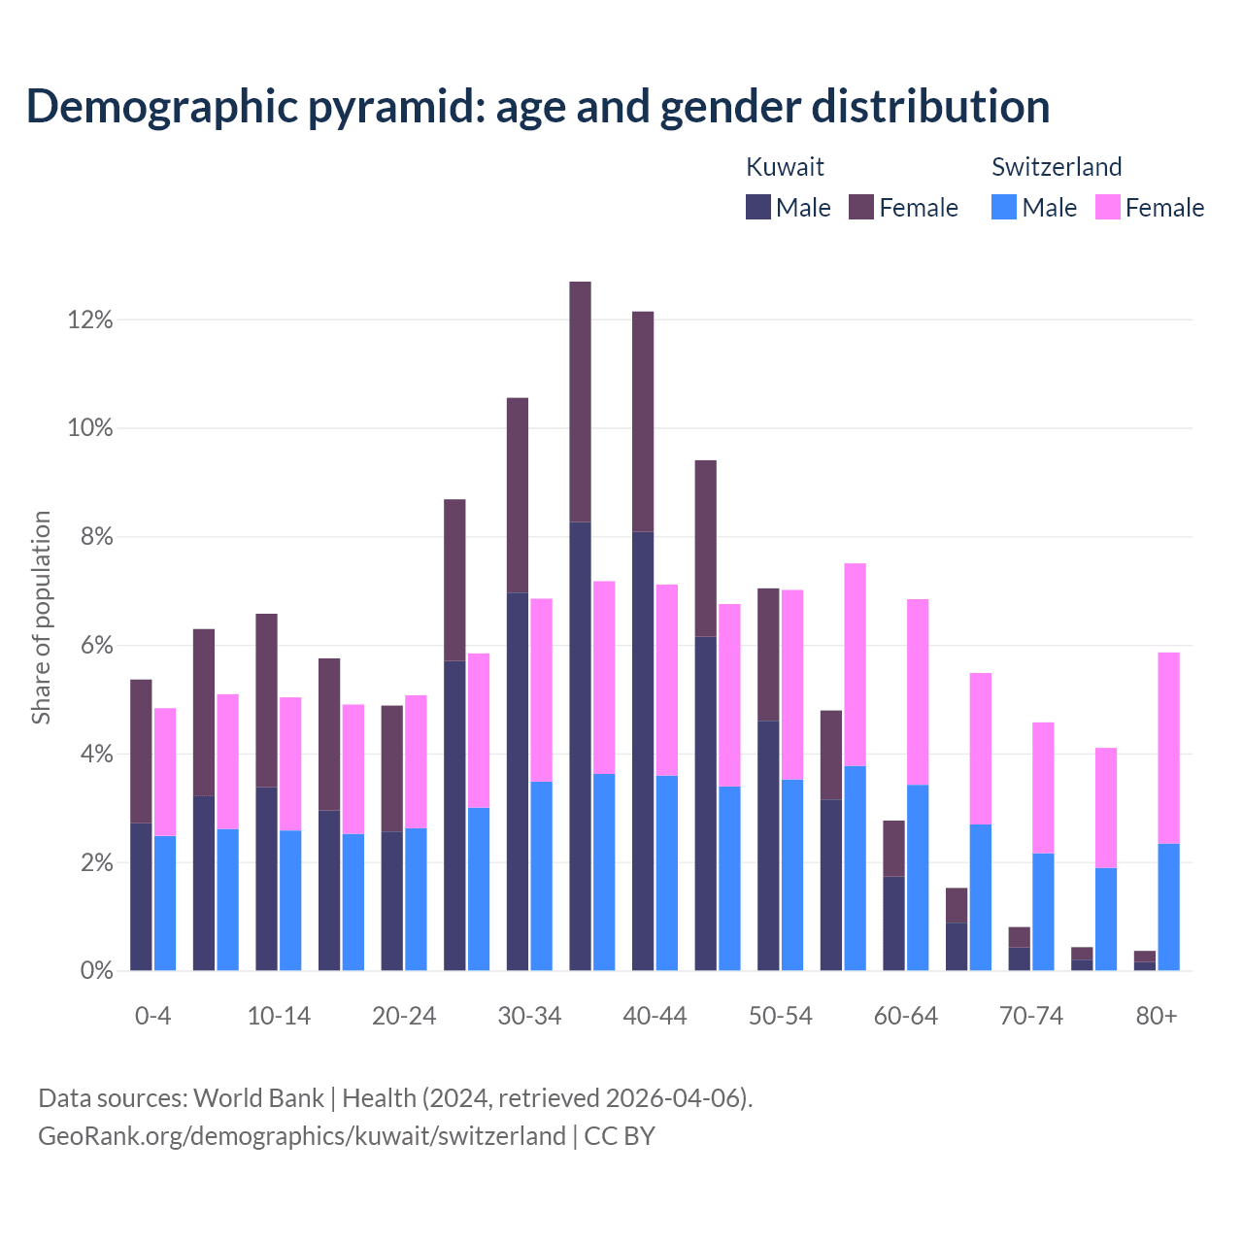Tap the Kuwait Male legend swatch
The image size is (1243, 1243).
point(758,207)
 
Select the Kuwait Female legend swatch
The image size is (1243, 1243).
point(861,207)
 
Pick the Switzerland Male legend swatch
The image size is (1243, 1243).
point(1004,207)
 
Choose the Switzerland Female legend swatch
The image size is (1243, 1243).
point(1107,207)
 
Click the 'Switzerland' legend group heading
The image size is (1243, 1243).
point(1057,167)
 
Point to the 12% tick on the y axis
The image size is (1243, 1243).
point(90,319)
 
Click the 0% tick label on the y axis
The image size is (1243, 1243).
point(95,970)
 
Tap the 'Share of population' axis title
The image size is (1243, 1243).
point(41,618)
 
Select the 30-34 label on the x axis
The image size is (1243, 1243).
point(529,1016)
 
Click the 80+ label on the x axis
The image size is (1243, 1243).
point(1157,1016)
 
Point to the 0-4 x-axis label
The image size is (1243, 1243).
point(153,1016)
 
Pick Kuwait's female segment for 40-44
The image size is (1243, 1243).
point(643,421)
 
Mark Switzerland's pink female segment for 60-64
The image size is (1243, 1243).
point(918,691)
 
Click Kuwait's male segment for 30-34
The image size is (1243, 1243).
point(518,781)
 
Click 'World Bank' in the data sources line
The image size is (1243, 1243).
point(258,1098)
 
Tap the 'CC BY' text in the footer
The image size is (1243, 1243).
point(620,1135)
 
